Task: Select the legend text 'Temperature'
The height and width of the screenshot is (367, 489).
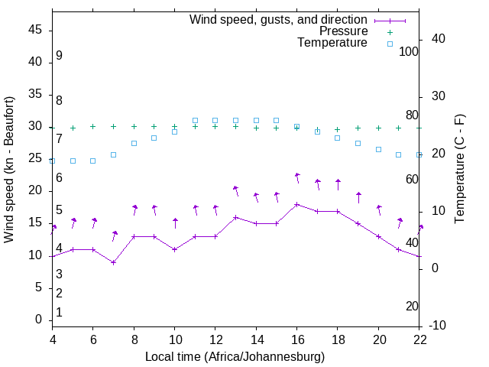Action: [x=332, y=43]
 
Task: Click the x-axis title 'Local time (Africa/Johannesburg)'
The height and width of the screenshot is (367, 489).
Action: [x=235, y=357]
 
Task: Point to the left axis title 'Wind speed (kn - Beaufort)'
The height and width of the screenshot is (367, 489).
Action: [x=9, y=170]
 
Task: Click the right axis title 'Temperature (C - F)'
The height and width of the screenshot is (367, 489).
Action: [x=459, y=170]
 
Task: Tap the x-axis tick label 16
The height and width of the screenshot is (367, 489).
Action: [x=296, y=339]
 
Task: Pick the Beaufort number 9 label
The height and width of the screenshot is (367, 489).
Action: [x=59, y=56]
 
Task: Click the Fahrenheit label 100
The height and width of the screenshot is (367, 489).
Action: [x=409, y=51]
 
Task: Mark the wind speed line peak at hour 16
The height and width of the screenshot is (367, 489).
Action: [x=296, y=204]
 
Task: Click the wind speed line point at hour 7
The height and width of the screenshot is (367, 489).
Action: [x=113, y=262]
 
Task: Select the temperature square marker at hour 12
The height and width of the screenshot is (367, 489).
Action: [x=215, y=120]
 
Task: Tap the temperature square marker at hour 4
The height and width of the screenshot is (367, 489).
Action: [x=52, y=161]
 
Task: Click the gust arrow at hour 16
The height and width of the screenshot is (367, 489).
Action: [x=297, y=177]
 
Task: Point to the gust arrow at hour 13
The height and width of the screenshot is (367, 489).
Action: [x=235, y=190]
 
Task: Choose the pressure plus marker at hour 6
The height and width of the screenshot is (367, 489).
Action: [x=93, y=127]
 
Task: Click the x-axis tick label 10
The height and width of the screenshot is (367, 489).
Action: [x=174, y=339]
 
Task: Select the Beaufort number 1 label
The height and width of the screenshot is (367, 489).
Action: [x=59, y=313]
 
